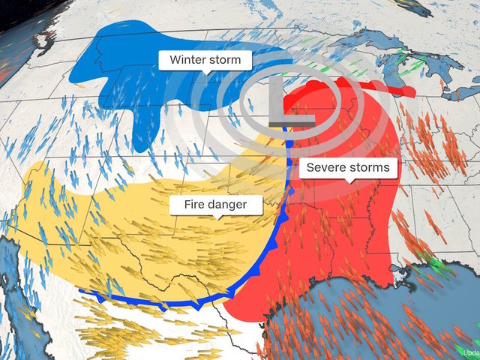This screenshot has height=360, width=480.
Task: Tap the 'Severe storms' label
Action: [x=348, y=167]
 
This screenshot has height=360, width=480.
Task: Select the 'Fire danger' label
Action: [x=217, y=203]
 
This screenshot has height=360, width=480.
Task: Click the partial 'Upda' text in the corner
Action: [x=471, y=352]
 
